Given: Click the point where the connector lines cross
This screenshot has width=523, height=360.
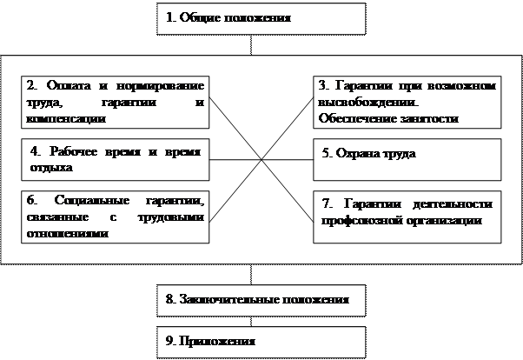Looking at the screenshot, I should click(261, 160).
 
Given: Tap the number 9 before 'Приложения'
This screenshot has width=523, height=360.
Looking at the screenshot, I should click(169, 340).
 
